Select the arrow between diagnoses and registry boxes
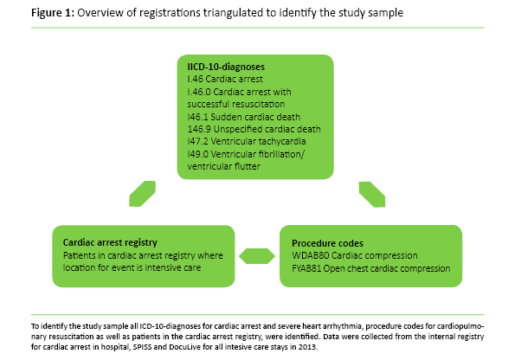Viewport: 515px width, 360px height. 140,190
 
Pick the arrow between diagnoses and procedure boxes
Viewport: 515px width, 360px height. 373,190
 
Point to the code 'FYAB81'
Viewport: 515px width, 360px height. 310,268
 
